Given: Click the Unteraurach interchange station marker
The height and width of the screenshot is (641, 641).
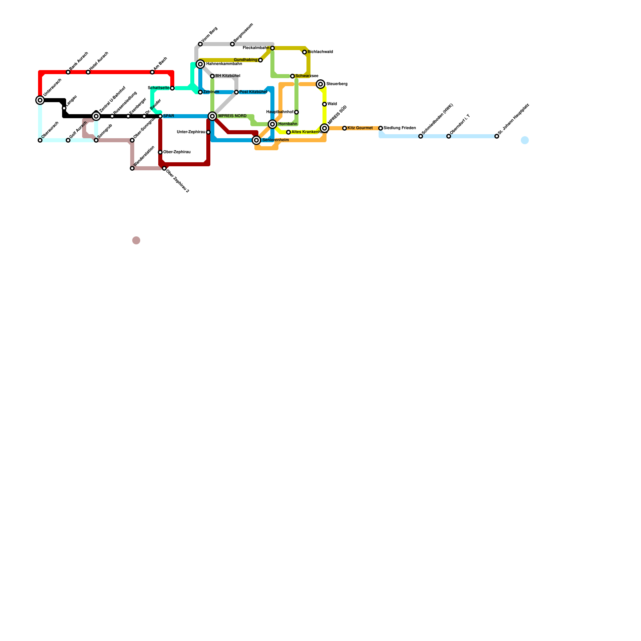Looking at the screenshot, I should tap(40, 100).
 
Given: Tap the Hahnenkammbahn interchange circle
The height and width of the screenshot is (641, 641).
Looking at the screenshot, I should tap(201, 64).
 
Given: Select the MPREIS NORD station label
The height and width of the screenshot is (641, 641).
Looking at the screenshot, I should tap(232, 116).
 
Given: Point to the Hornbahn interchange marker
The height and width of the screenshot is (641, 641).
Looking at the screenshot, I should tap(273, 124).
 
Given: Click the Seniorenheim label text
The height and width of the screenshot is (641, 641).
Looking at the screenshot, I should tap(276, 140).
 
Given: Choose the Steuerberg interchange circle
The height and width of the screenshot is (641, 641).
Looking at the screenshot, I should tap(320, 84).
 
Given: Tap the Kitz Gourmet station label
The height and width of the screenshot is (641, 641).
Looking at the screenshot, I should tap(360, 128).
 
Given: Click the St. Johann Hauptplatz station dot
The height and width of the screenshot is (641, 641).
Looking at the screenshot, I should tap(497, 137).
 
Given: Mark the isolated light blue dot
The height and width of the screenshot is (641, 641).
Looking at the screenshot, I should tap(525, 140).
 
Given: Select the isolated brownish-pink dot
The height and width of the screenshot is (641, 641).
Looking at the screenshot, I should tap(136, 240).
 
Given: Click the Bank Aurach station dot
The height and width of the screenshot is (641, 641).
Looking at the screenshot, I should tap(68, 72).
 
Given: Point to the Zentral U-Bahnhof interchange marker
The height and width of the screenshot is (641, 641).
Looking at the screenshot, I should tap(96, 116).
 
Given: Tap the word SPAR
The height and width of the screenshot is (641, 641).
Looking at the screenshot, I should tap(169, 116).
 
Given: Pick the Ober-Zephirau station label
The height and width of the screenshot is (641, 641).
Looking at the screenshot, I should tap(177, 152).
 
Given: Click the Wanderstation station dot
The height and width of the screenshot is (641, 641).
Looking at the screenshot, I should tap(132, 169).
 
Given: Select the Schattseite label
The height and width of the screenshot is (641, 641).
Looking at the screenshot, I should tap(159, 88).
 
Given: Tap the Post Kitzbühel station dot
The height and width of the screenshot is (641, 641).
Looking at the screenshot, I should tap(236, 93).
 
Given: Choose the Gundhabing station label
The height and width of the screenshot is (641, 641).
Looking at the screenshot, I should tap(246, 60).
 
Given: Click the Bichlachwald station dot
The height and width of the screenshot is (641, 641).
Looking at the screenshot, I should tap(304, 52).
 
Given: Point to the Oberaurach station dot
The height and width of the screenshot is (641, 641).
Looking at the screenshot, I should tap(40, 141).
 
